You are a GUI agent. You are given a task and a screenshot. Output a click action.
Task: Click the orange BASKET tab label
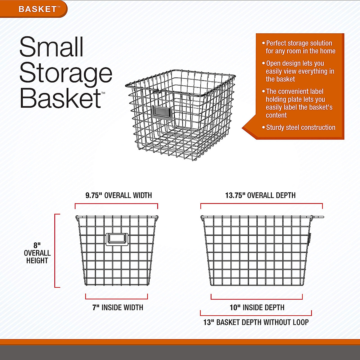(x=37, y=9)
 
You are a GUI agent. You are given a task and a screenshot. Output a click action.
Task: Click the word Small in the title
(x=51, y=47)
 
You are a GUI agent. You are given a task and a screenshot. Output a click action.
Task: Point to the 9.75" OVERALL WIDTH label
(x=118, y=196)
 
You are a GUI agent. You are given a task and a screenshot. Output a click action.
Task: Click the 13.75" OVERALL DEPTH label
(x=260, y=196)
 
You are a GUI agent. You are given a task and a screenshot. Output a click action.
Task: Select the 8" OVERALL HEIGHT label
(x=37, y=253)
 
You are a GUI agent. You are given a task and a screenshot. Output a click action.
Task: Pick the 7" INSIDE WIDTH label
(x=118, y=307)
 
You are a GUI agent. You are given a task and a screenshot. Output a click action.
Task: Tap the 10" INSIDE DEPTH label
(x=257, y=307)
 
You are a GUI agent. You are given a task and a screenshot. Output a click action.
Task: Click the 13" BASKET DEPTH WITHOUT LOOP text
(x=256, y=322)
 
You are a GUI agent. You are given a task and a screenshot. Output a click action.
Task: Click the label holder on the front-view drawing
(x=117, y=239)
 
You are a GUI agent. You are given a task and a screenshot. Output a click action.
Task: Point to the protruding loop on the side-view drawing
(x=318, y=217)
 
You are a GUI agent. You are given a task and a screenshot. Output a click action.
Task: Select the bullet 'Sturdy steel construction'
(x=300, y=127)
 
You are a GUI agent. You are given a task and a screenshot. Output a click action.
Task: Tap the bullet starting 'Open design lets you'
(x=300, y=71)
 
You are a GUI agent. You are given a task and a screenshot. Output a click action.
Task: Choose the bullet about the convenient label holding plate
(x=299, y=103)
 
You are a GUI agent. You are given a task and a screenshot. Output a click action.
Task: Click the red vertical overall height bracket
(x=55, y=251)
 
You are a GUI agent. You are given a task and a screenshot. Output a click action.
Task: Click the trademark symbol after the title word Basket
(x=103, y=93)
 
